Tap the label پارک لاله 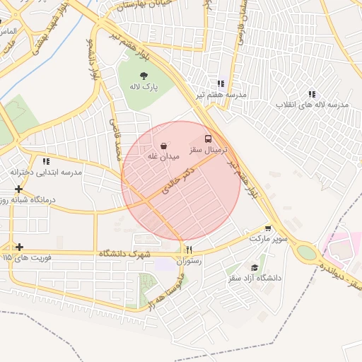tap(144, 87)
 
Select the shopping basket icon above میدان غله tap(163, 145)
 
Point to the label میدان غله tap(163, 156)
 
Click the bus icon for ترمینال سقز tap(208, 139)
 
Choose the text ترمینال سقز tap(207, 151)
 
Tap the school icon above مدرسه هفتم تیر tap(222, 83)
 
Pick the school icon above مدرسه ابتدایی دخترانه tap(46, 161)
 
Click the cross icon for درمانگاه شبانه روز tap(18, 189)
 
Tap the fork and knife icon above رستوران tap(189, 250)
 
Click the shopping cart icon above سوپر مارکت tap(267, 228)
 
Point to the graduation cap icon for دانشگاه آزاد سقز tap(255, 267)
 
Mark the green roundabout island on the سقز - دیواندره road tap(306, 252)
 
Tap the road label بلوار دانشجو tap(93, 60)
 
